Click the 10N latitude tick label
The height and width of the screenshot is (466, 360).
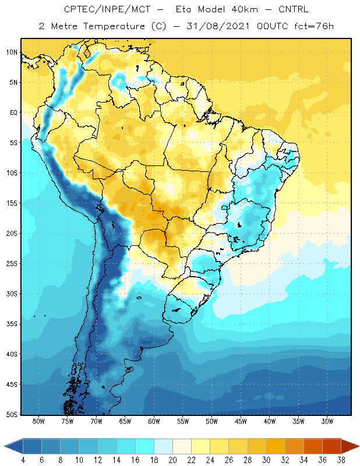[x=12, y=52]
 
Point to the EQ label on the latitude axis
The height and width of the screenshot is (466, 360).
[x=13, y=112]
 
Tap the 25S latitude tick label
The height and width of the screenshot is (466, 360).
[x=12, y=263]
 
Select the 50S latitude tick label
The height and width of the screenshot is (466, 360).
[x=12, y=414]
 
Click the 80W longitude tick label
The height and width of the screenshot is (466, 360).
[x=39, y=422]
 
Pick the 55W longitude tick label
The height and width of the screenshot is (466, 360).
[x=183, y=422]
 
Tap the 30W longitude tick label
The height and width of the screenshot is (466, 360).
[x=327, y=422]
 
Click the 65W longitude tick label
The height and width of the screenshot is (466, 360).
[x=125, y=422]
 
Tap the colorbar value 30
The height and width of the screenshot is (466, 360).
[x=266, y=460]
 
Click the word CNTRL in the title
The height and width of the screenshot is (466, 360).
[x=295, y=9]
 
